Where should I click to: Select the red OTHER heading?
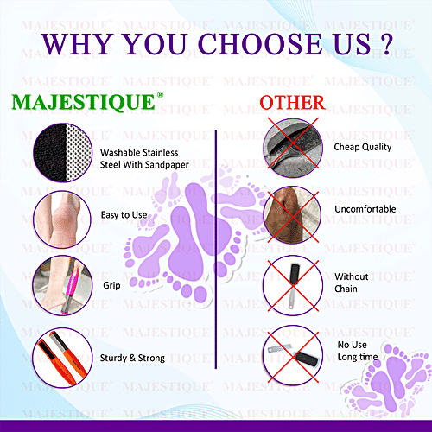click(x=292, y=103)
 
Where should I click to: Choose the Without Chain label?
click(x=352, y=282)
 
